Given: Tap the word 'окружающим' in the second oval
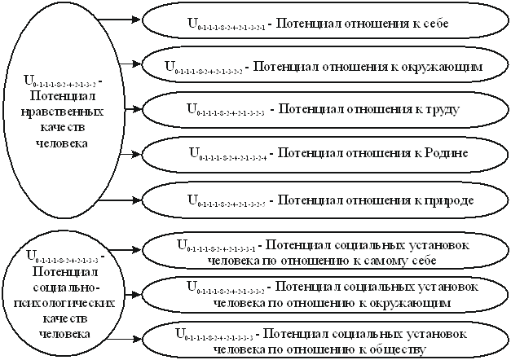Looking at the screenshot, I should click(445, 64).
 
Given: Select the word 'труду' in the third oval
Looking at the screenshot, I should click(436, 108).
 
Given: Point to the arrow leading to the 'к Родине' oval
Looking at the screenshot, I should click(128, 151).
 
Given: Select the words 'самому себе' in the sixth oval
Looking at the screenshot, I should click(405, 261).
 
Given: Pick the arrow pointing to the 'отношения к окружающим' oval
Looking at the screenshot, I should click(128, 62).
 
